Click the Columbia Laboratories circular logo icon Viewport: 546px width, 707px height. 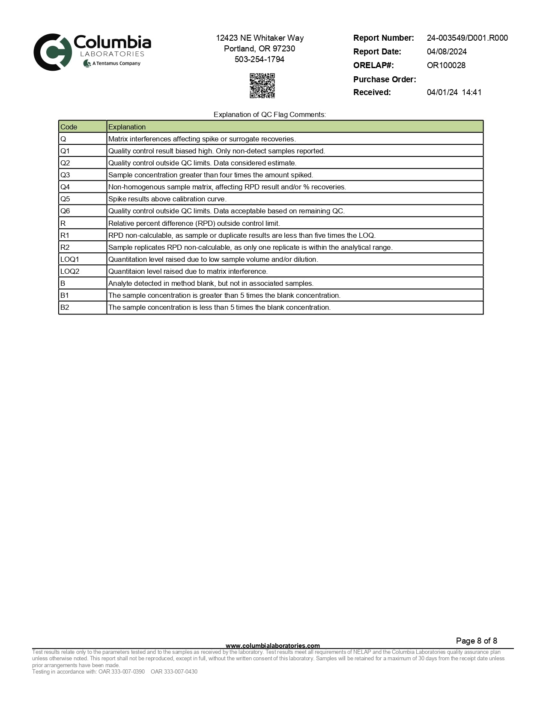pos(52,52)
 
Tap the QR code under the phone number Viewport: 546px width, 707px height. pos(262,86)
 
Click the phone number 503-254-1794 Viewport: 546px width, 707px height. pos(260,60)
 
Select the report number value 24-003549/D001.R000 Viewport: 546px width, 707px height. pos(467,38)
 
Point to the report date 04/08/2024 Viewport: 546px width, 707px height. pos(447,52)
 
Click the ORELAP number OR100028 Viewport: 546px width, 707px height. pos(446,66)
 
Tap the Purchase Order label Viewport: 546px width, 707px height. pos(385,79)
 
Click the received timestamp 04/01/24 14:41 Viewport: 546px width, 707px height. pos(454,93)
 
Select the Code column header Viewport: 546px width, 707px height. pos(69,127)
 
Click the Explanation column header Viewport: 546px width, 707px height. pos(127,127)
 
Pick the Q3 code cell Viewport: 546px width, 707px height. pos(65,175)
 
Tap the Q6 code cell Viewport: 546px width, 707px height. pos(65,211)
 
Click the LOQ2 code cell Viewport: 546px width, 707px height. pos(70,271)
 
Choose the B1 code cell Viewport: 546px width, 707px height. pos(65,295)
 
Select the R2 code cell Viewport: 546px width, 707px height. pos(65,247)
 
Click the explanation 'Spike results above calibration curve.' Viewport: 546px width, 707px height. pos(167,199)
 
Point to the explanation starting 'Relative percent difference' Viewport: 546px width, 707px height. pos(194,223)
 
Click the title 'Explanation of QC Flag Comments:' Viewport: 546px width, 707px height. pos(270,114)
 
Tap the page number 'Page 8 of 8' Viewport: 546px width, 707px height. pos(477,641)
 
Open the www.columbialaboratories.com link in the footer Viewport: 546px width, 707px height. pos(273,645)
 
